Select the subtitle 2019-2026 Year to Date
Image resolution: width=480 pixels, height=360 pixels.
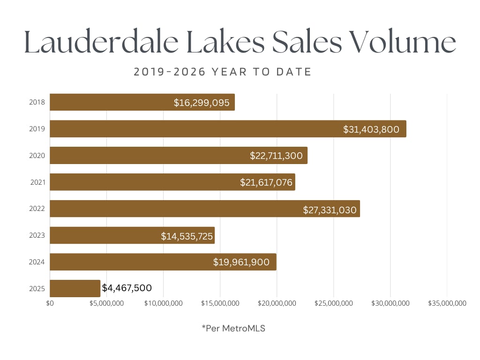(223, 72)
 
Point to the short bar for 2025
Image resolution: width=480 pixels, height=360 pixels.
(75, 288)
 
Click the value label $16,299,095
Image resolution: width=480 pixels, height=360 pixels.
(202, 103)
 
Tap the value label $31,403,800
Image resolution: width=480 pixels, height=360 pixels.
(371, 129)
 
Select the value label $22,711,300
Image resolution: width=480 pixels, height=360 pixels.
(276, 156)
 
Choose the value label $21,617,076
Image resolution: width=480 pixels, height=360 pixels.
(264, 182)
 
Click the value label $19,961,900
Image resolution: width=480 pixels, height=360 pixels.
(241, 262)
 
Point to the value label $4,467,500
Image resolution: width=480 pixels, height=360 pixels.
(127, 288)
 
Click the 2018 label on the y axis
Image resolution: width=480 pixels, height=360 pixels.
(37, 102)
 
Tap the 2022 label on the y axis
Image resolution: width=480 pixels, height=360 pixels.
(37, 209)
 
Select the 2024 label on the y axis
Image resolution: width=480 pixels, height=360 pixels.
(37, 262)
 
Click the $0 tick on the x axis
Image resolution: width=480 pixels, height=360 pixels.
(50, 303)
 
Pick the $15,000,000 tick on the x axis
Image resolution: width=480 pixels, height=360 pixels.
(220, 303)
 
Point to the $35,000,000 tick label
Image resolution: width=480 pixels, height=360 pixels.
(447, 303)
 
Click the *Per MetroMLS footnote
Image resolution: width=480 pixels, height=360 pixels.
(233, 329)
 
